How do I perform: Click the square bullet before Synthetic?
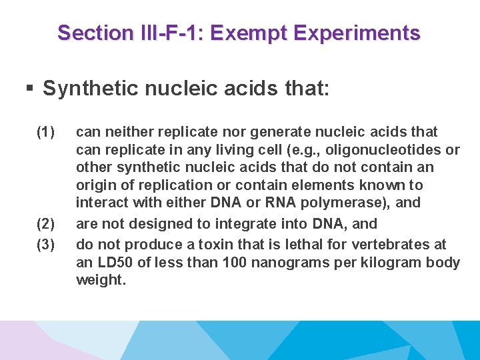(29, 89)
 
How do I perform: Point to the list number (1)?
(46, 131)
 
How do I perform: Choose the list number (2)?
(46, 224)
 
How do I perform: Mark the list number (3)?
(46, 244)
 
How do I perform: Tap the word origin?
(95, 185)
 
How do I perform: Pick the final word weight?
(100, 281)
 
